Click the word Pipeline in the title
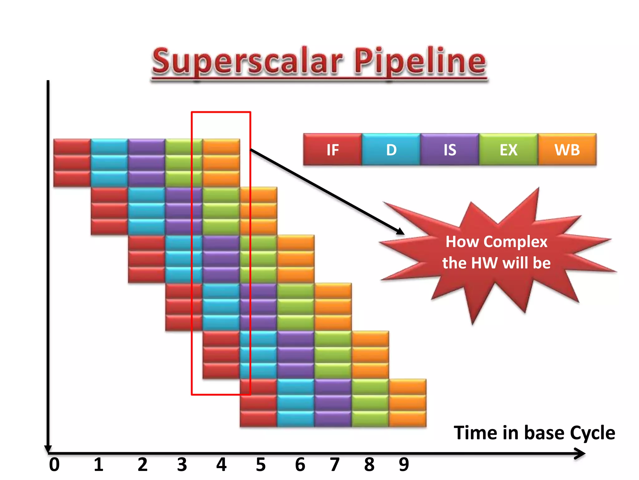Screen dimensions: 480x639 [420, 61]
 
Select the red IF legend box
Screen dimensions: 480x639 [333, 150]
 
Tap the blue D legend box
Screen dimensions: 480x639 [391, 150]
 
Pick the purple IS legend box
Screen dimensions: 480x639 [450, 150]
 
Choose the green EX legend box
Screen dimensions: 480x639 [508, 150]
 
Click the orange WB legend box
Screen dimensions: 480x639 [567, 150]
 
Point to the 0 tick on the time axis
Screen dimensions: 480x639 [54, 465]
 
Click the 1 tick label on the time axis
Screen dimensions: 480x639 [99, 465]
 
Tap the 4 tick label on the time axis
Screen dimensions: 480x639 [221, 465]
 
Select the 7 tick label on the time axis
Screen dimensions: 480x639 [334, 465]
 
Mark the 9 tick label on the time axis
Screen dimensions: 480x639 [404, 465]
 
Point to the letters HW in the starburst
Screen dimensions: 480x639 [485, 263]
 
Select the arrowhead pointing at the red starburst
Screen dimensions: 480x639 [401, 232]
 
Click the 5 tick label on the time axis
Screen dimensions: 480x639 [261, 465]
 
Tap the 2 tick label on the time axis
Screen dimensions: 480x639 [143, 465]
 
